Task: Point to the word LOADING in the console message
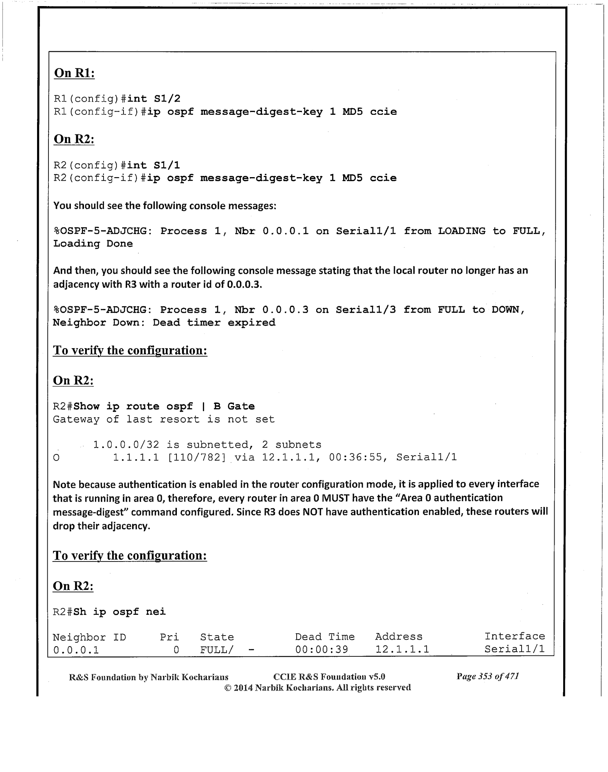pyautogui.click(x=461, y=231)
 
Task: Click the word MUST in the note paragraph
pyautogui.click(x=336, y=498)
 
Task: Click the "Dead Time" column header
pyautogui.click(x=325, y=637)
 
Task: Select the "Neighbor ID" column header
pyautogui.click(x=89, y=637)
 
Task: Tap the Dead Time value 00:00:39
pyautogui.click(x=322, y=649)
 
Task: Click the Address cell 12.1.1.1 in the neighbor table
pyautogui.click(x=402, y=649)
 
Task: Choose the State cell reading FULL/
pyautogui.click(x=216, y=649)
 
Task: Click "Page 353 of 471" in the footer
pyautogui.click(x=487, y=677)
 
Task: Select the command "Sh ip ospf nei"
pyautogui.click(x=120, y=612)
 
